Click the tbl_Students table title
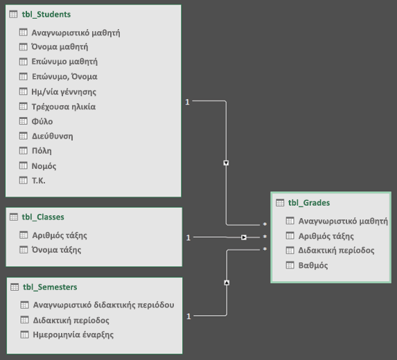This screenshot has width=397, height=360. click(x=46, y=15)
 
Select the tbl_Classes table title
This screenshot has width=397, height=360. click(x=43, y=217)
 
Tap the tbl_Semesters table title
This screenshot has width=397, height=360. click(x=50, y=287)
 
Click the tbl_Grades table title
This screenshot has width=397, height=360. click(x=309, y=203)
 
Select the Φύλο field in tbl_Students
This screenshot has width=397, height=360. click(x=42, y=121)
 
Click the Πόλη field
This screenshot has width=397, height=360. click(x=42, y=151)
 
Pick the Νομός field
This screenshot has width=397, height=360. click(x=44, y=166)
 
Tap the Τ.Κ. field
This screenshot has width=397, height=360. click(x=39, y=181)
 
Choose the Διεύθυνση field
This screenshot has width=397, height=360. click(x=52, y=136)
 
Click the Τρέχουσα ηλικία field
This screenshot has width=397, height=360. click(x=64, y=107)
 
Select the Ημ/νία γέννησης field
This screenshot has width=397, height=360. click(x=64, y=92)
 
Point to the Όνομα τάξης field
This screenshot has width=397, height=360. click(x=56, y=250)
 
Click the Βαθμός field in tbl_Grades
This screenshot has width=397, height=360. click(x=313, y=265)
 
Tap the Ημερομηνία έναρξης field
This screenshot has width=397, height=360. click(x=73, y=334)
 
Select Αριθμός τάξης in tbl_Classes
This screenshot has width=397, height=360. click(x=60, y=235)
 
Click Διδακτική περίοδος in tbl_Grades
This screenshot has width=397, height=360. click(x=336, y=251)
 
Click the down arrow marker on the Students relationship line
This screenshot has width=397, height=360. click(x=226, y=163)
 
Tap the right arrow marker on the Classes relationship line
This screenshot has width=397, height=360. click(x=244, y=237)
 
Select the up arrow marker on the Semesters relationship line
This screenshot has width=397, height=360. click(x=227, y=282)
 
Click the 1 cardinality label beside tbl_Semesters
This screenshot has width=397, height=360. click(x=188, y=316)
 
